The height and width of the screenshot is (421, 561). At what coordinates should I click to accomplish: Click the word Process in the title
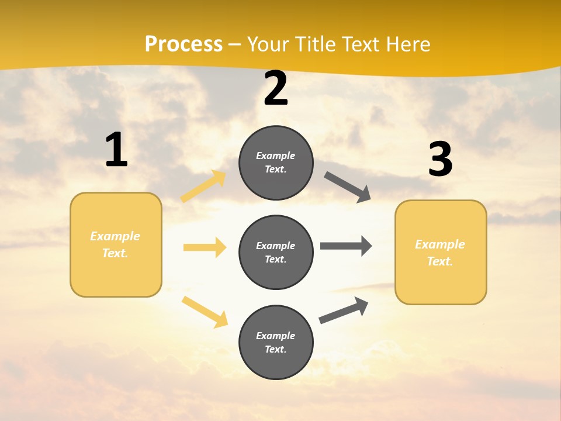[x=183, y=44]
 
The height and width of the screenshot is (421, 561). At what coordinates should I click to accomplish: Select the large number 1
[x=116, y=150]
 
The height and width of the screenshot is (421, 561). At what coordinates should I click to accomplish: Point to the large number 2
[x=276, y=88]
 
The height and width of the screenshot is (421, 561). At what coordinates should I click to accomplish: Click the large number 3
[x=440, y=159]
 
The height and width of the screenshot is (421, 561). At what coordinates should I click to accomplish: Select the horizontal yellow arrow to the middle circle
[x=205, y=247]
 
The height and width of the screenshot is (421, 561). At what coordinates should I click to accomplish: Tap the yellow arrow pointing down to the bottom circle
[x=205, y=312]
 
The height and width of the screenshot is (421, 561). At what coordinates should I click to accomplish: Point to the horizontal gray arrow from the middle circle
[x=346, y=246]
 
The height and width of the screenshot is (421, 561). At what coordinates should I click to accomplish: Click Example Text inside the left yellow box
[x=115, y=244]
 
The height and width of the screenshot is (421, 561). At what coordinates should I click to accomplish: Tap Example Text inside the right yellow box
[x=440, y=253]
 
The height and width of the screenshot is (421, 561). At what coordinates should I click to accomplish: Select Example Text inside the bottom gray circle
[x=276, y=342]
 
